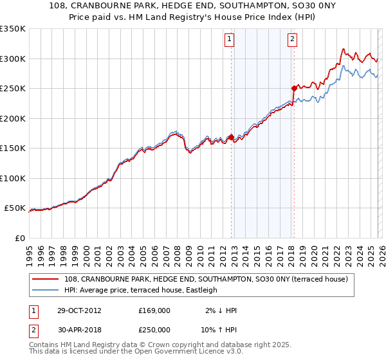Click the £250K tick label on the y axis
pyautogui.click(x=12, y=88)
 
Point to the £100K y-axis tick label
pyautogui.click(x=12, y=178)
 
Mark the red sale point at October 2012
pyautogui.click(x=231, y=137)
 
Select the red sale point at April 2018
pyautogui.click(x=293, y=88)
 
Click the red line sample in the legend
pyautogui.click(x=47, y=279)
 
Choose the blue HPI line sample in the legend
pyautogui.click(x=47, y=290)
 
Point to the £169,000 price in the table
pyautogui.click(x=154, y=310)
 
